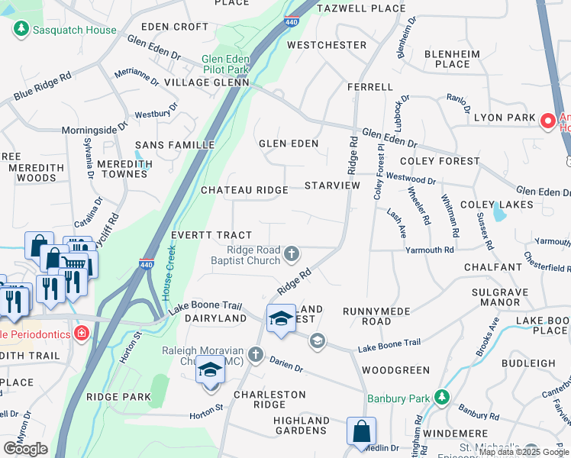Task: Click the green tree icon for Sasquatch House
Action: pyautogui.click(x=21, y=30)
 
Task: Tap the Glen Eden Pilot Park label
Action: pyautogui.click(x=227, y=64)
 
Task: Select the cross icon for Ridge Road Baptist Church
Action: pyautogui.click(x=291, y=253)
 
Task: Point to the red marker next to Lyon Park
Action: pyautogui.click(x=547, y=121)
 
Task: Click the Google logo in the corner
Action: pyautogui.click(x=25, y=448)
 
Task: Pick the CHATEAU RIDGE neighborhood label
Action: pyautogui.click(x=244, y=190)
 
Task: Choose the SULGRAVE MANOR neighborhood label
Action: pyautogui.click(x=500, y=297)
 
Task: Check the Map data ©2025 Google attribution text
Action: pyautogui.click(x=524, y=452)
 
